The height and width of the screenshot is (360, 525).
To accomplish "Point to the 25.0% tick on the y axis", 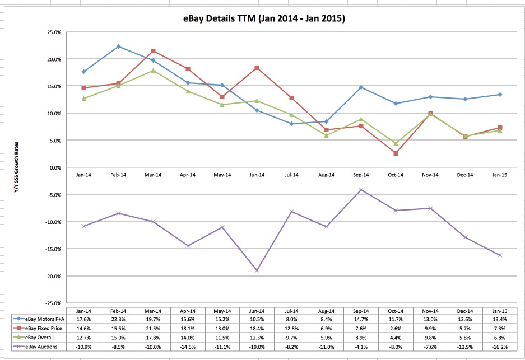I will [x=53, y=32].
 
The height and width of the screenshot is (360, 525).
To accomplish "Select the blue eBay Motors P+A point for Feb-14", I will [x=118, y=46].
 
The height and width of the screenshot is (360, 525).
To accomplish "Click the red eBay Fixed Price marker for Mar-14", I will [x=153, y=51].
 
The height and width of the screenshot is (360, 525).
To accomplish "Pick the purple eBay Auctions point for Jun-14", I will [x=257, y=270].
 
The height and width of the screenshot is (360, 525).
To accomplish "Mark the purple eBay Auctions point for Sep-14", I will [x=361, y=190].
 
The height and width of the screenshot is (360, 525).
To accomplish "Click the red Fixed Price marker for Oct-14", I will [x=396, y=153].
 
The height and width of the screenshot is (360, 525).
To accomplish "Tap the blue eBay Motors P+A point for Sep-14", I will [x=361, y=87].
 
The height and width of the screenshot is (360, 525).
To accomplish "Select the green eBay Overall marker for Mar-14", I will [x=153, y=71].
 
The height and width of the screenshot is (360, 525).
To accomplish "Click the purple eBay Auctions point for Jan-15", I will [x=500, y=255].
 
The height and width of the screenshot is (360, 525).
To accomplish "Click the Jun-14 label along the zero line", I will [x=257, y=175].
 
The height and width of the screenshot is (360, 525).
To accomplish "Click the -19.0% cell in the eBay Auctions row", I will [x=257, y=347].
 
